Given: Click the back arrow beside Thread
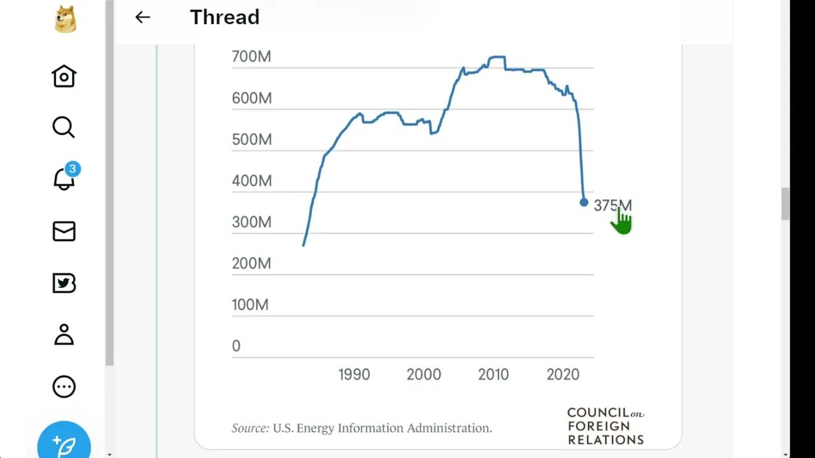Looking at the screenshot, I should click(x=143, y=17).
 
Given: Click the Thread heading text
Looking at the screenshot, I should click(x=225, y=17).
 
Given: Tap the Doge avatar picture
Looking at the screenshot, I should click(x=64, y=20).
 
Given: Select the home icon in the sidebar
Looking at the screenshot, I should click(x=64, y=76).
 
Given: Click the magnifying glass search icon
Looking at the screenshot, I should click(x=64, y=127).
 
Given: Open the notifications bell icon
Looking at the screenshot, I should click(x=64, y=180).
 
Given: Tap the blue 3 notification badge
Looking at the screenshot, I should click(x=73, y=169).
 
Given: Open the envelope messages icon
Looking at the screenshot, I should click(x=64, y=232).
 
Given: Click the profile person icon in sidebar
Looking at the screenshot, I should click(x=64, y=335).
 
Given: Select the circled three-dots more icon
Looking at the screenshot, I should click(x=64, y=387).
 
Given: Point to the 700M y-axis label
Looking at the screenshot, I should click(x=251, y=57).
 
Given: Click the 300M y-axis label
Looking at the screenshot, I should click(x=251, y=222).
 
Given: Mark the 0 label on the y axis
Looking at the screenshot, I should click(x=236, y=346).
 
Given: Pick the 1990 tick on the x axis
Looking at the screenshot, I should click(x=354, y=375).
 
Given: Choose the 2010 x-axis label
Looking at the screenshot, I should click(x=493, y=375).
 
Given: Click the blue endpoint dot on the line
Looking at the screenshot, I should click(x=584, y=202).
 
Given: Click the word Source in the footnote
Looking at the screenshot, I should click(x=250, y=428).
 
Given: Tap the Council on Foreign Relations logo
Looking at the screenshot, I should click(x=605, y=426).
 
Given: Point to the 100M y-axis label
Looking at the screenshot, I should click(x=250, y=305).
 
